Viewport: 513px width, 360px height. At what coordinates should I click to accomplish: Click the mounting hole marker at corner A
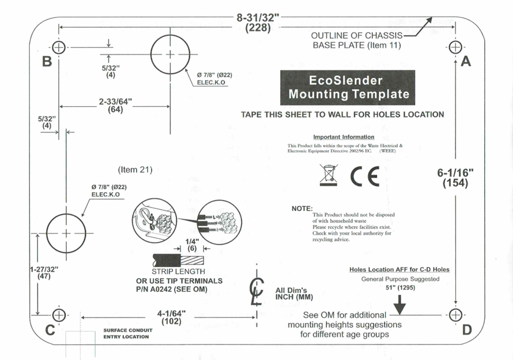[x=455, y=47]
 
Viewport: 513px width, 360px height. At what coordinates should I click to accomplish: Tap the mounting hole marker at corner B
[x=59, y=47]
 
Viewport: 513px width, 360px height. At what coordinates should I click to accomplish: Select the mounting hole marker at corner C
[x=58, y=315]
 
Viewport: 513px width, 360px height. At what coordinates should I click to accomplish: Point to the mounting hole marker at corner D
[x=455, y=315]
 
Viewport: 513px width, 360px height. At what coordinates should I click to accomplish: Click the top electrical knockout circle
[x=170, y=55]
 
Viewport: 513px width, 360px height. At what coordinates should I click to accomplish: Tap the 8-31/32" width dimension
[x=258, y=22]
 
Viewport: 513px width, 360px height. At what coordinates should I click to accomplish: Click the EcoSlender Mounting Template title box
[x=348, y=88]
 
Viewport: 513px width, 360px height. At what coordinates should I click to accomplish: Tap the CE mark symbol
[x=365, y=176]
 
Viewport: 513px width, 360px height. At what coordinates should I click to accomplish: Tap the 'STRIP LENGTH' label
[x=178, y=271]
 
